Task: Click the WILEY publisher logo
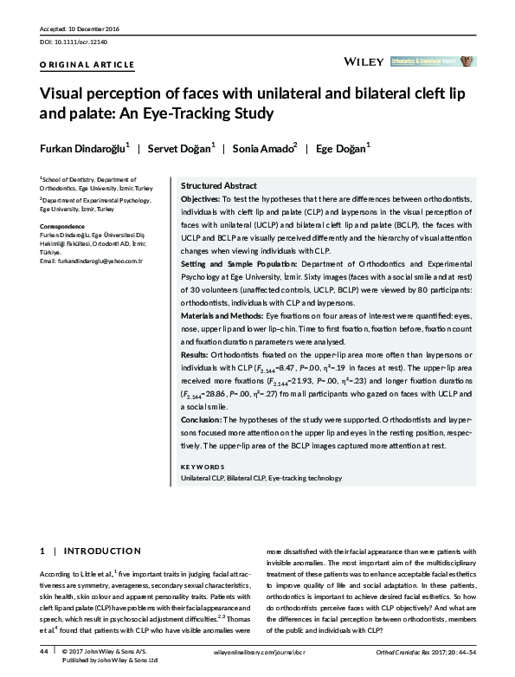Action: click(364, 62)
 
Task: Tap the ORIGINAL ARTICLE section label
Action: click(87, 65)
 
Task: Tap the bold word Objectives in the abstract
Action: click(199, 198)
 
